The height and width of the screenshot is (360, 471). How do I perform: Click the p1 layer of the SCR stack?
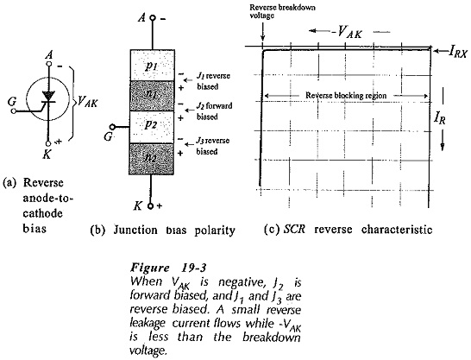coord(153,66)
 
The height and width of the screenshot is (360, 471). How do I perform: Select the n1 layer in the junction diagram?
coord(153,96)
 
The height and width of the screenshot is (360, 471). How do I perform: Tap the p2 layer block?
coord(153,127)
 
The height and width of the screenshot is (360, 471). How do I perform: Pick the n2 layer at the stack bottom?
coord(152,159)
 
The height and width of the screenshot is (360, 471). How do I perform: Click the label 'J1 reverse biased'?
coord(213,81)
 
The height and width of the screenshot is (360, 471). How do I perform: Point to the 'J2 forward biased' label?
coord(215,111)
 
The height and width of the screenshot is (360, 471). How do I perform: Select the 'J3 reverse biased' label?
coord(213,146)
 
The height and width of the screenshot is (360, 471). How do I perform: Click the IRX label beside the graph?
coord(458,53)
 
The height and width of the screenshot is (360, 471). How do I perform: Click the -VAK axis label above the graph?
coord(347,32)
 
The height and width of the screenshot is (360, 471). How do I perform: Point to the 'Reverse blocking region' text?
coord(346,96)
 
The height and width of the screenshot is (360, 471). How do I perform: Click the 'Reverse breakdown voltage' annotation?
coord(282,11)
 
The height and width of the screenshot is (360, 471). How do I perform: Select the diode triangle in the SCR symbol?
coord(48,96)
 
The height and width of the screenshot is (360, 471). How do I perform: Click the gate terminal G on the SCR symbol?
coord(13,111)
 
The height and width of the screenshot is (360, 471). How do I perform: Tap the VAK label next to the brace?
coord(87,102)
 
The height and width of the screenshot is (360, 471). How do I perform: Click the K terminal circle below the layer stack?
coord(151,206)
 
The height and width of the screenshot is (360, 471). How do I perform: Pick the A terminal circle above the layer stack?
coord(153,18)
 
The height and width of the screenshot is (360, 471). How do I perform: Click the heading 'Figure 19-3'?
coord(169,267)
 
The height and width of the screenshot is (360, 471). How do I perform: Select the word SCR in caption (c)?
coord(294,230)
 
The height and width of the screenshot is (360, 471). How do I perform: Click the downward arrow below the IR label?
coord(443,141)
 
